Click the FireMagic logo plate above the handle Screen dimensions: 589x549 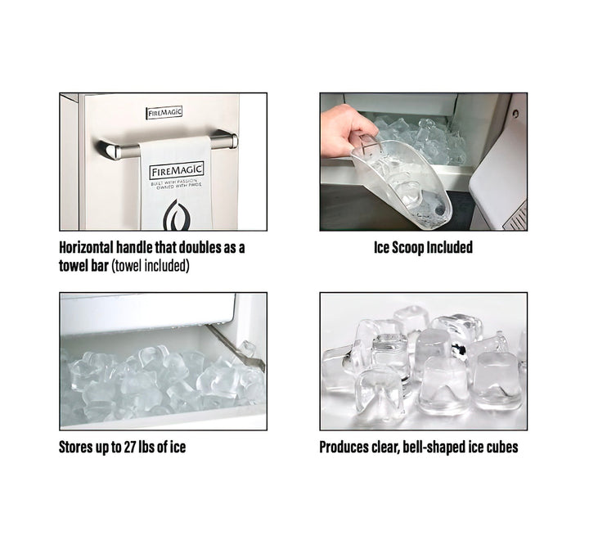pos(164,112)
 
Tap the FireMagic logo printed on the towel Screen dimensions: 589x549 pos(177,171)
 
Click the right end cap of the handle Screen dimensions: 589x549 pos(234,141)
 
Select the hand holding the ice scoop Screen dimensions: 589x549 pos(346,132)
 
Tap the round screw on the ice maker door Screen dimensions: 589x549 pos(515,113)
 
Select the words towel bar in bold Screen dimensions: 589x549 pos(83,266)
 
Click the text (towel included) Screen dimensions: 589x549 pos(151,266)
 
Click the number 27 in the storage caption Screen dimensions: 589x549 pos(129,448)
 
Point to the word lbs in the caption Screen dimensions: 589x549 pos(147,448)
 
